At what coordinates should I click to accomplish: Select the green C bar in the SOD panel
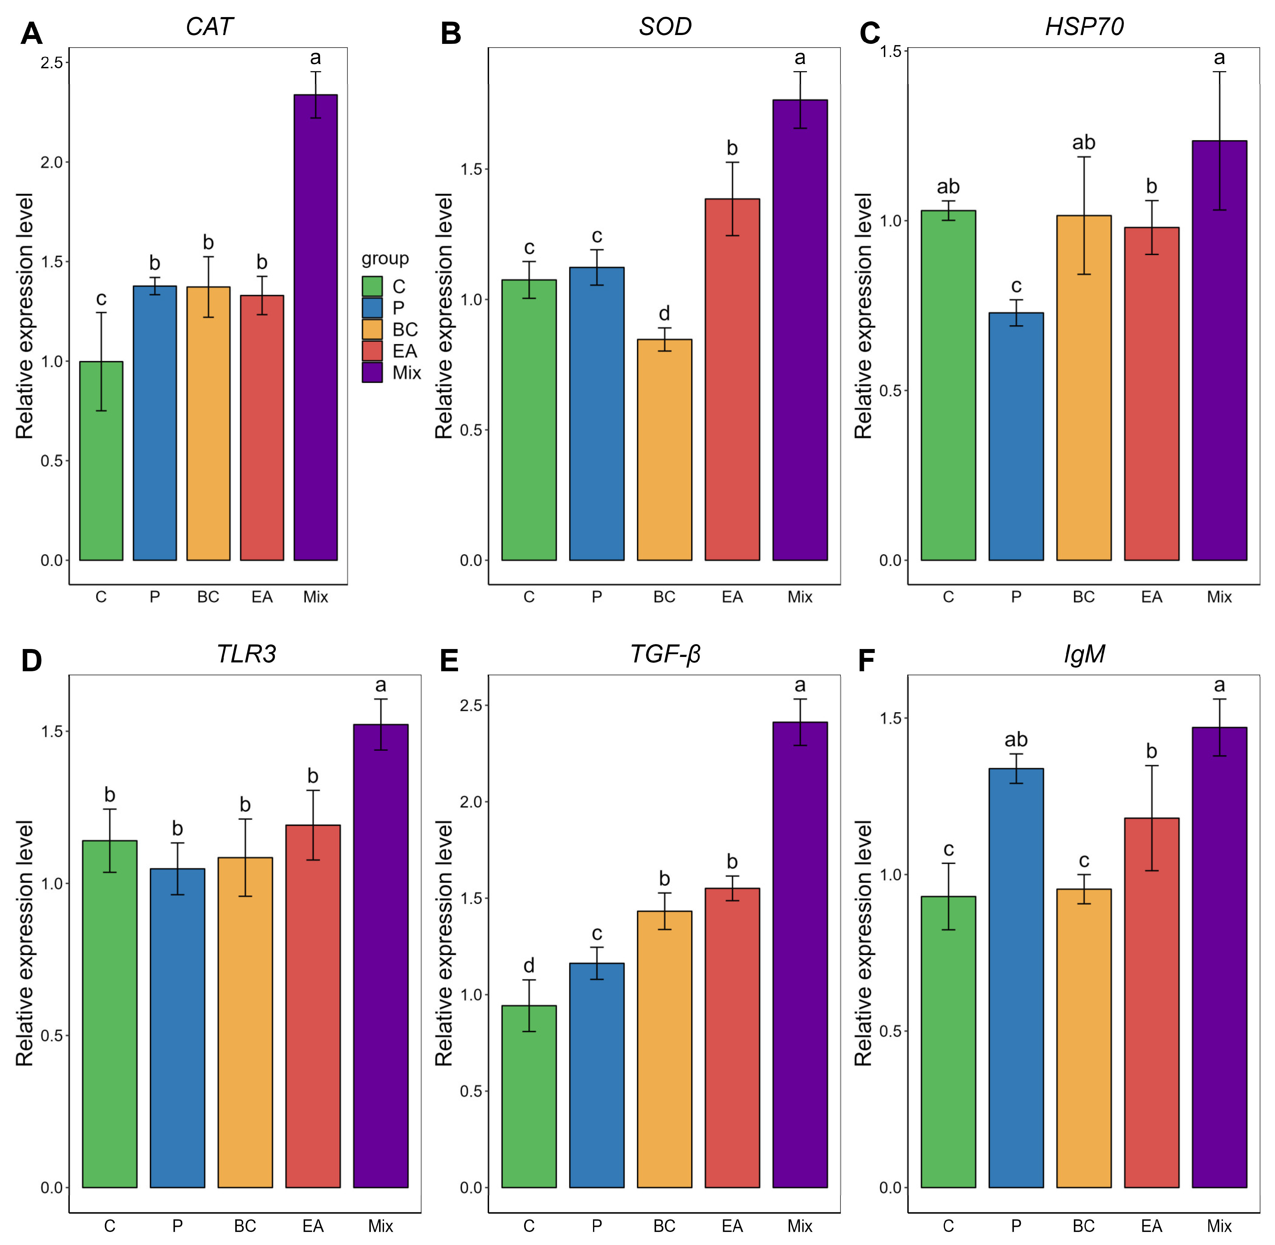(x=529, y=420)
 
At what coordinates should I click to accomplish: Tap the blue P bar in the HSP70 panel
(x=1016, y=436)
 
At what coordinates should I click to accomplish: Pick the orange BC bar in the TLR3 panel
(x=245, y=1022)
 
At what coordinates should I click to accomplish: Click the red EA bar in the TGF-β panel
(x=732, y=1038)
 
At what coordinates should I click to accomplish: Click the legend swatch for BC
(x=372, y=329)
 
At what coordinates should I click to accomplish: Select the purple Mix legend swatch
(x=372, y=372)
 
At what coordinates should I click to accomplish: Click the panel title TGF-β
(x=665, y=654)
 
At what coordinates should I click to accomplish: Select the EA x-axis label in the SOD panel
(x=732, y=597)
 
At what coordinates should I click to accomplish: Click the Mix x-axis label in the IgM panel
(x=1220, y=1225)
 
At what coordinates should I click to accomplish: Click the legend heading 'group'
(x=385, y=259)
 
